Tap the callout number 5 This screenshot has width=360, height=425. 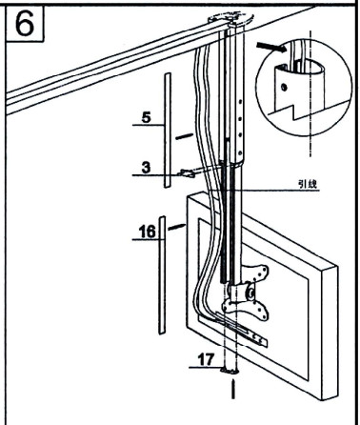[x=146, y=119]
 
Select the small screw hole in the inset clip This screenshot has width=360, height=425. [x=284, y=85]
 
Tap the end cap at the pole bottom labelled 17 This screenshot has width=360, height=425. [x=230, y=369]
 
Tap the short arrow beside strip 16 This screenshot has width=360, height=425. [x=176, y=225]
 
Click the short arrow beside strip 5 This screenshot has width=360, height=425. [x=185, y=135]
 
